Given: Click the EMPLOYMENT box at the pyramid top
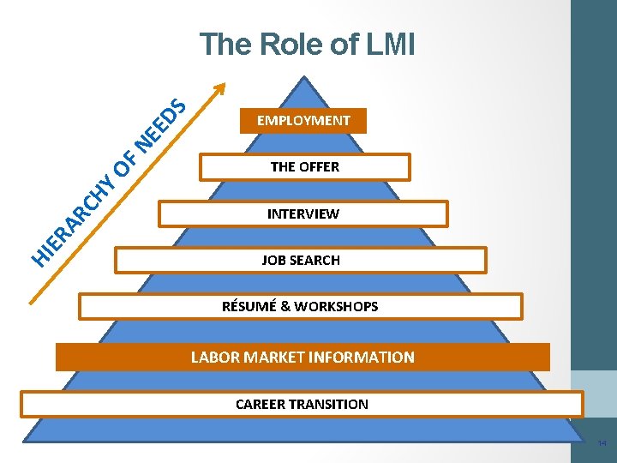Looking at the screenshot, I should tap(303, 121).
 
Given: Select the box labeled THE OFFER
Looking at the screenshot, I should tap(304, 167).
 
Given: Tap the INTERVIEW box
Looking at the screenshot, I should tap(303, 213).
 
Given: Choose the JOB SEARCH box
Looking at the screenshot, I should tap(301, 260).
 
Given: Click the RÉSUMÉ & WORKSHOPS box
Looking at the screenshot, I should tap(300, 306).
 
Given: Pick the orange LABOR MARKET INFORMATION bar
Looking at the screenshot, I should tap(303, 357).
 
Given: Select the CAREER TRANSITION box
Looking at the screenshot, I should tap(302, 404).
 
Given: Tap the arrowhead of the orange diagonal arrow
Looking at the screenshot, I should tap(221, 87).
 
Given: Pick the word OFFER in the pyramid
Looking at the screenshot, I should tap(319, 167).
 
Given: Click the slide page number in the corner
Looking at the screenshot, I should tap(602, 444).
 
